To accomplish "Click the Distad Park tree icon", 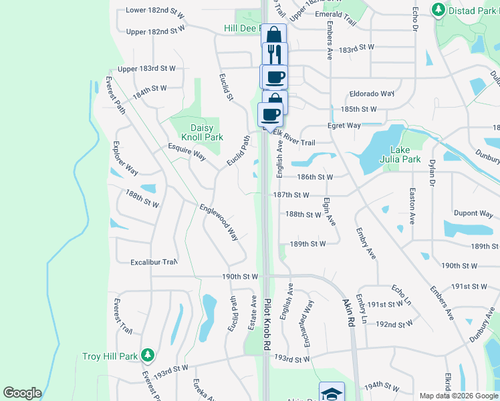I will (439, 9).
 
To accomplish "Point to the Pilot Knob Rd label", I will (267, 325).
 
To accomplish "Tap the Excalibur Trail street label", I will (154, 262).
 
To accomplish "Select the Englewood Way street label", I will (219, 223).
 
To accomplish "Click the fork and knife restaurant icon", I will (275, 54).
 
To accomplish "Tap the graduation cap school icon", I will (332, 393).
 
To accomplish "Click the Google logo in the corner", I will (22, 393).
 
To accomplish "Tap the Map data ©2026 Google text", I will (459, 396).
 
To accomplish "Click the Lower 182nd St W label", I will (154, 11).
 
